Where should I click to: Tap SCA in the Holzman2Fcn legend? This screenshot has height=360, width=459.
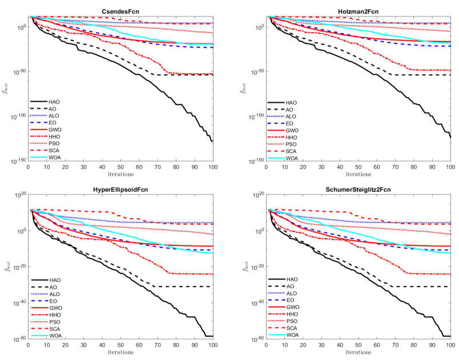[x=290, y=151]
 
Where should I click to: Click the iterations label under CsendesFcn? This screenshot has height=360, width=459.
[x=120, y=173]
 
